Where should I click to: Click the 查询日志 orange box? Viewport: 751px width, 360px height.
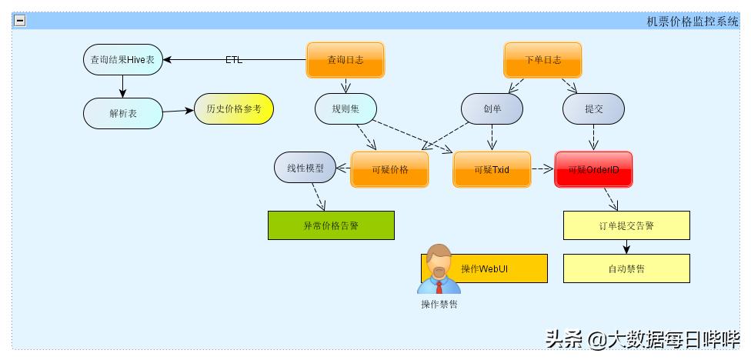pos(345,60)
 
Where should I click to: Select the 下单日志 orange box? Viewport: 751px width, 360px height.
pos(542,60)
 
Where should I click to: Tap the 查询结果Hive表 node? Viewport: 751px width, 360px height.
pos(123,60)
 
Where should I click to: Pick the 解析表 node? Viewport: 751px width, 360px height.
pos(123,113)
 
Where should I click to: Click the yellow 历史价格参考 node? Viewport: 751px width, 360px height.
pos(233,109)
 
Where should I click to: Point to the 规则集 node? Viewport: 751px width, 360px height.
pos(345,108)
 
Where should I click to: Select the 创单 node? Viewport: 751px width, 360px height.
pos(492,109)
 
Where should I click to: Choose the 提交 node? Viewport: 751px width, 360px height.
pos(593,109)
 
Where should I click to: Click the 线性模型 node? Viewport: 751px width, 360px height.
pos(305,168)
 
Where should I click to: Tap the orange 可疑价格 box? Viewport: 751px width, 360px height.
pos(389,169)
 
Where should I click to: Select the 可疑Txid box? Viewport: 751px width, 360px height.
pos(492,169)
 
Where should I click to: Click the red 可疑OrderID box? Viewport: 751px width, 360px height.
pos(593,169)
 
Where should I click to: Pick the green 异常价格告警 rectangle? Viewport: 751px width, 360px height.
pos(331,225)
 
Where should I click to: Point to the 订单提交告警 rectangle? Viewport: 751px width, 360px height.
pos(626,225)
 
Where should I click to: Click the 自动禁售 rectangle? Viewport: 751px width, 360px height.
pos(626,268)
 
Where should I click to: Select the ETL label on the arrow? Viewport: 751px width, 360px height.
pos(233,60)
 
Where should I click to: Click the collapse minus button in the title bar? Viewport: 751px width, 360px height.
pos(20,21)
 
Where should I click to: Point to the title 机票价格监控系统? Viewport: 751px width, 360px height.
pos(692,22)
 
